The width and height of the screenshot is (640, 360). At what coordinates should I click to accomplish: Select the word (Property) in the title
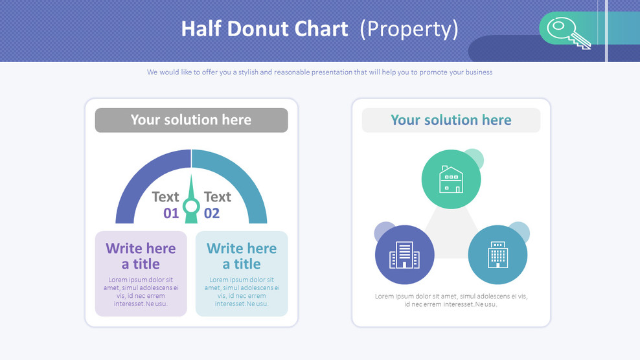pyautogui.click(x=409, y=29)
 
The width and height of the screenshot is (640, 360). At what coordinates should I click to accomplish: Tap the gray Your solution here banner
pyautogui.click(x=191, y=120)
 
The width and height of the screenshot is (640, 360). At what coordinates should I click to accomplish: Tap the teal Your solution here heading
pyautogui.click(x=451, y=120)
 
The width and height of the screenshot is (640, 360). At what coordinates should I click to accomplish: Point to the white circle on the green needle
pyautogui.click(x=191, y=207)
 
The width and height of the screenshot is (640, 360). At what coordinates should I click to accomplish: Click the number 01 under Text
pyautogui.click(x=170, y=214)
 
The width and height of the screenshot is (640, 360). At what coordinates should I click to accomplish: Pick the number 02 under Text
pyautogui.click(x=212, y=214)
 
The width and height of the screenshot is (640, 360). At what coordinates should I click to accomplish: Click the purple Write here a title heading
pyautogui.click(x=141, y=256)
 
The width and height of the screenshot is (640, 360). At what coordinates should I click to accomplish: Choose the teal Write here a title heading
pyautogui.click(x=242, y=256)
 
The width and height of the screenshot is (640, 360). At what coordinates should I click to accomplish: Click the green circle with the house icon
pyautogui.click(x=451, y=179)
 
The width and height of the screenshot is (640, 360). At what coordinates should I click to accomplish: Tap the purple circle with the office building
pyautogui.click(x=404, y=254)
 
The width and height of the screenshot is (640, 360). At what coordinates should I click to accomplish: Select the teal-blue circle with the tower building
pyautogui.click(x=497, y=254)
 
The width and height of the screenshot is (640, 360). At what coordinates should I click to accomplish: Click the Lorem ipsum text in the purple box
pyautogui.click(x=141, y=292)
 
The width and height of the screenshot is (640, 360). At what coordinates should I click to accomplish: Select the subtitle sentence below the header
pyautogui.click(x=319, y=73)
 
